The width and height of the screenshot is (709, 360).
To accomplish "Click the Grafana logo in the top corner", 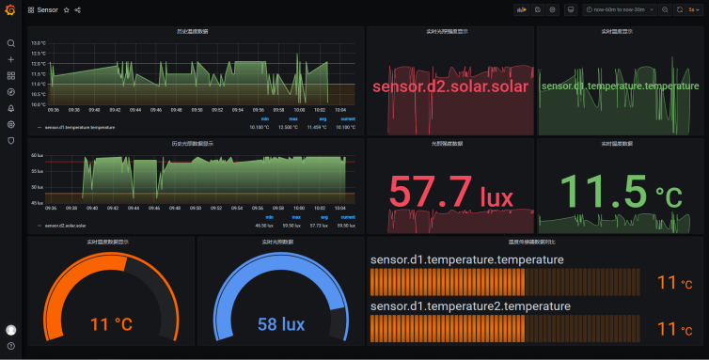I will coord(10,9).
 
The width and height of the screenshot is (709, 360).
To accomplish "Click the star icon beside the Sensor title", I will coord(66,9).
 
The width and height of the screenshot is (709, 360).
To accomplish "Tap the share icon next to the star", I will coord(77,9).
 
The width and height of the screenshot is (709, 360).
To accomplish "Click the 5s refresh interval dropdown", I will coord(692,9).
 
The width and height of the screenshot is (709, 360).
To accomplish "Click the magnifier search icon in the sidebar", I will coord(11,43).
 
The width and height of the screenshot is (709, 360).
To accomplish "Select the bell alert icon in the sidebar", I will coord(11,108).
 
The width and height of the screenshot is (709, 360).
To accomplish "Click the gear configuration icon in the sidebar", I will coord(11,124).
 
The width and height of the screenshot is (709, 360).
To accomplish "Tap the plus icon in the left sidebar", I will coord(11,59).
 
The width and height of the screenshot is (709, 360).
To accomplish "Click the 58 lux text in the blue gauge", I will coord(281,324).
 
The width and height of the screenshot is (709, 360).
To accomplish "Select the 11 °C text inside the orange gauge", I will coord(111,324).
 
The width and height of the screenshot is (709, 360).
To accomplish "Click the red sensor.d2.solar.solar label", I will coord(449,86).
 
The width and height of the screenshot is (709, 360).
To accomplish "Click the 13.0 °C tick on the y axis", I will coord(38,43).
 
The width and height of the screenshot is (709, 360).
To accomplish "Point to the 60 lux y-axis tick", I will coord(38,155).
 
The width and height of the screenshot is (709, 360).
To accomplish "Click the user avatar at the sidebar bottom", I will coord(11,330).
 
